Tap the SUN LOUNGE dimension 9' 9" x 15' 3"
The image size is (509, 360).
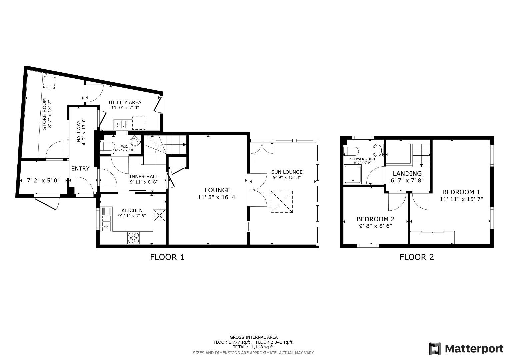pyautogui.click(x=287, y=178)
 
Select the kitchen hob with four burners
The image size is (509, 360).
pyautogui.click(x=134, y=238)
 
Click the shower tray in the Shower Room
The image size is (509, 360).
pyautogui.click(x=352, y=174)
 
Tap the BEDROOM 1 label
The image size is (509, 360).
pyautogui.click(x=461, y=192)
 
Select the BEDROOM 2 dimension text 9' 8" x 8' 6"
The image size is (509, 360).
pyautogui.click(x=375, y=226)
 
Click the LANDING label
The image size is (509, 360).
pyautogui.click(x=407, y=173)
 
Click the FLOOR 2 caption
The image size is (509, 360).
pyautogui.click(x=417, y=257)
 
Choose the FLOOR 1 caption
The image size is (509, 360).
pyautogui.click(x=167, y=257)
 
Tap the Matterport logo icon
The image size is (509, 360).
pyautogui.click(x=435, y=349)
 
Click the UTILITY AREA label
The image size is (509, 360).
pyautogui.click(x=125, y=102)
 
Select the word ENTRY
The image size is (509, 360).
pyautogui.click(x=80, y=169)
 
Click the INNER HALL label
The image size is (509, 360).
pyautogui.click(x=144, y=177)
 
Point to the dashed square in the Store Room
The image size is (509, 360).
pyautogui.click(x=49, y=82)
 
